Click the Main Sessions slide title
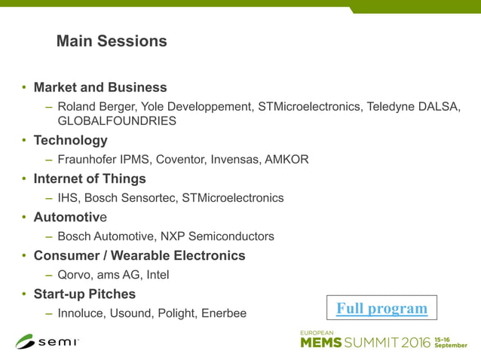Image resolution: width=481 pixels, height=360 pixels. (112, 41)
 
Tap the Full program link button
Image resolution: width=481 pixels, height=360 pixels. (381, 308)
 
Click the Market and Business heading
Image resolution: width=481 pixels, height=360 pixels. (100, 87)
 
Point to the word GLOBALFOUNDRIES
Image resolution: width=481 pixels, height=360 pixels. (117, 121)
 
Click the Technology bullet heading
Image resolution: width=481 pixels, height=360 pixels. (70, 140)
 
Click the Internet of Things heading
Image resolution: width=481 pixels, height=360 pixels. (90, 179)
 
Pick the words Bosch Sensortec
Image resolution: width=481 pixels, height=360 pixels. (130, 198)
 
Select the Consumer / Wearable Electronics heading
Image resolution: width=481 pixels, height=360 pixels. (139, 256)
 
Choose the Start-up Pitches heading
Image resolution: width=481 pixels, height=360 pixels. (84, 294)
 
